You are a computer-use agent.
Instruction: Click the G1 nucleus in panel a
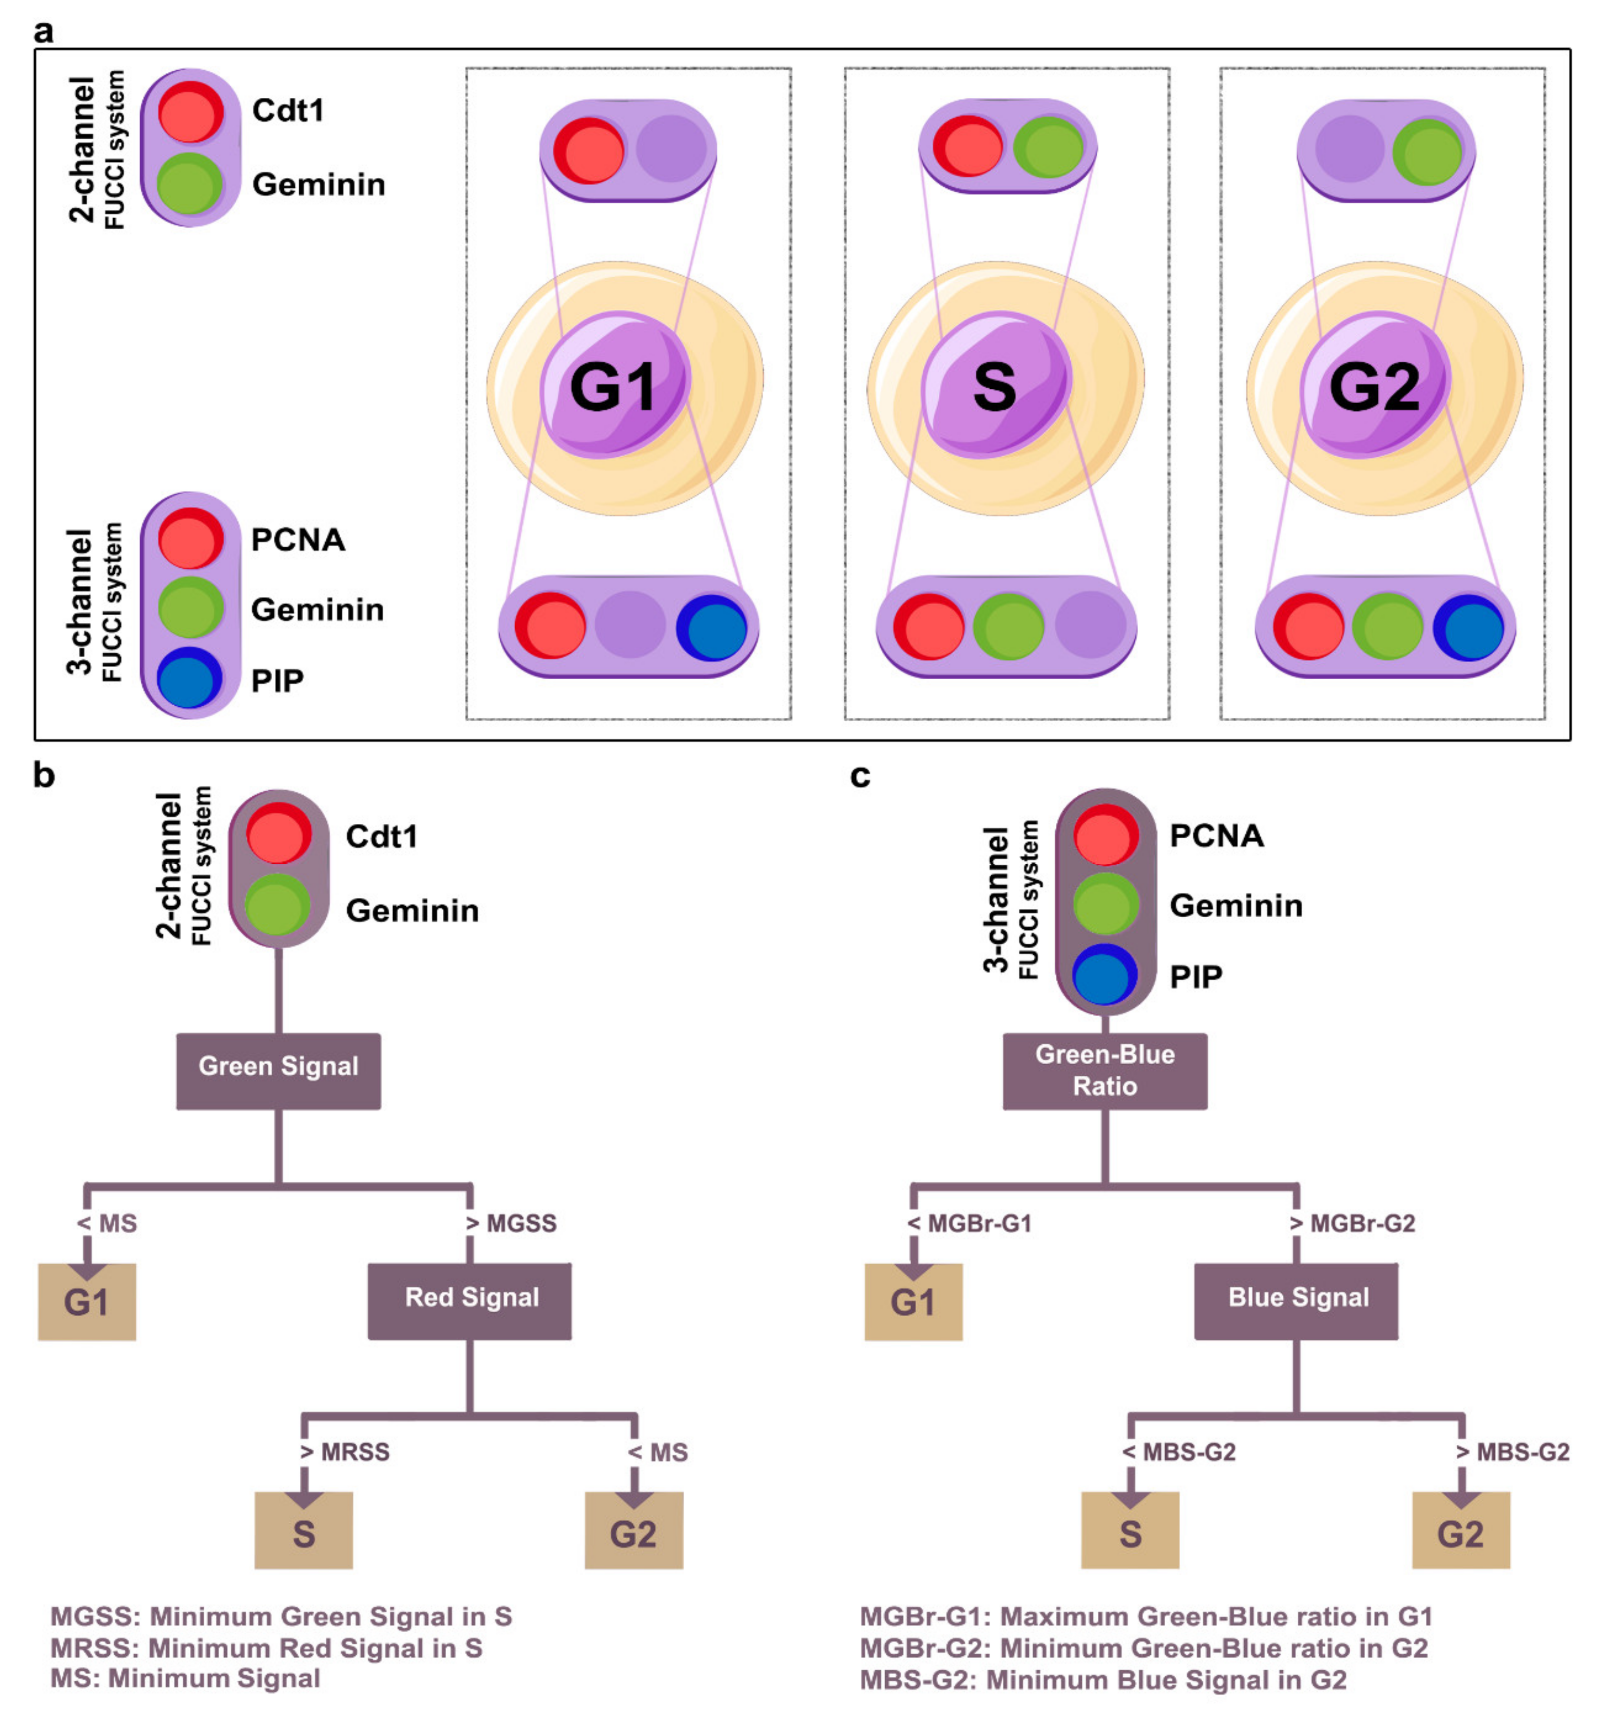coord(615,385)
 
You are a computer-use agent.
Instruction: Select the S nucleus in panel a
coord(995,385)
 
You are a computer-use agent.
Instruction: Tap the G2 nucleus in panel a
coord(1374,385)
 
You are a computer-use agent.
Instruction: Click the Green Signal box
coord(279,1071)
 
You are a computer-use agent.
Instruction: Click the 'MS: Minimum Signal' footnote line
coord(185,1679)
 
